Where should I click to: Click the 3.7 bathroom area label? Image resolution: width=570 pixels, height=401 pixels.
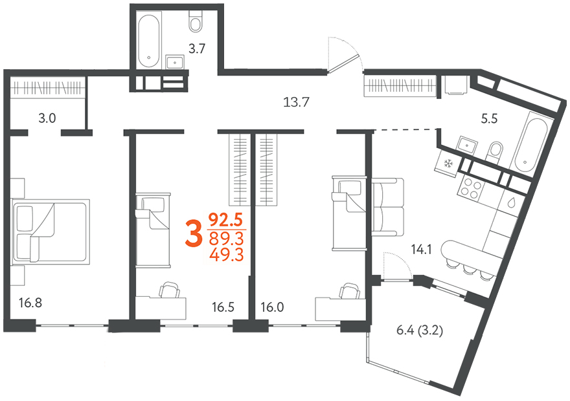197,49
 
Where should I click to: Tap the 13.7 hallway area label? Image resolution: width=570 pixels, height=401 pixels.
296,102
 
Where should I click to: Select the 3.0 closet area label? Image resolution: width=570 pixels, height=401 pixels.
47,118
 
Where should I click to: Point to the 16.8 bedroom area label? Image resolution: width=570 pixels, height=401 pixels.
30,303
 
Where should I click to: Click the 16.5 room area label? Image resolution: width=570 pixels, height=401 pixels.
223,307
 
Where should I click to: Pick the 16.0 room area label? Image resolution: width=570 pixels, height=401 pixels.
272,307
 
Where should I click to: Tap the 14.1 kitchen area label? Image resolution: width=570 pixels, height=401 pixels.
421,250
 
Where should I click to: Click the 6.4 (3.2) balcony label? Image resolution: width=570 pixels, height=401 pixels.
420,331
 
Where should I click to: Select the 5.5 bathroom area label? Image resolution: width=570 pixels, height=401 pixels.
489,118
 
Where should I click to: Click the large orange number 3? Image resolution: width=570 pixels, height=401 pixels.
194,234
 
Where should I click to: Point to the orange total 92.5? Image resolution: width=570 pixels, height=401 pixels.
225,220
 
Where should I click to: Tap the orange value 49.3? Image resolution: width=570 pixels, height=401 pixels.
226,254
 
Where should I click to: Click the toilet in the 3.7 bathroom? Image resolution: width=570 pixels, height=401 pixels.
196,20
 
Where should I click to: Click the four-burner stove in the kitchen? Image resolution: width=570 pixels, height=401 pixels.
470,188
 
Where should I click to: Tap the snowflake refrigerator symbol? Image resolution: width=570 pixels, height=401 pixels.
447,164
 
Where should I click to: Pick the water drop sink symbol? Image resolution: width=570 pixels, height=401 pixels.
512,202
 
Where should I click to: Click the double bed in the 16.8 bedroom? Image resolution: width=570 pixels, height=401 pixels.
51,231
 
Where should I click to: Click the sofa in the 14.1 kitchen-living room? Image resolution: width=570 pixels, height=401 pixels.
388,207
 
